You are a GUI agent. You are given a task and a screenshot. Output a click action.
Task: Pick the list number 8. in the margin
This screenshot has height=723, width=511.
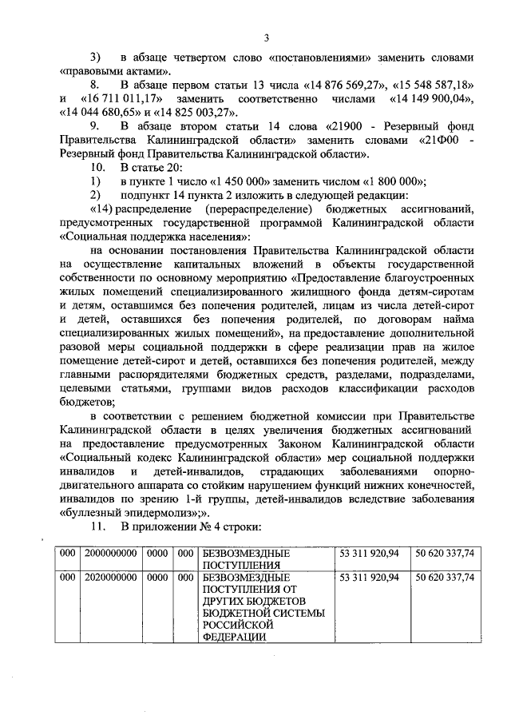[x=95, y=84]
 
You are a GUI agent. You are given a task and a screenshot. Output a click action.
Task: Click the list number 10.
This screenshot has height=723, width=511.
[x=97, y=165]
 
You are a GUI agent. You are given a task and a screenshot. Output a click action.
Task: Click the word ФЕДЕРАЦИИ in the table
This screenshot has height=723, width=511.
[x=234, y=638]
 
